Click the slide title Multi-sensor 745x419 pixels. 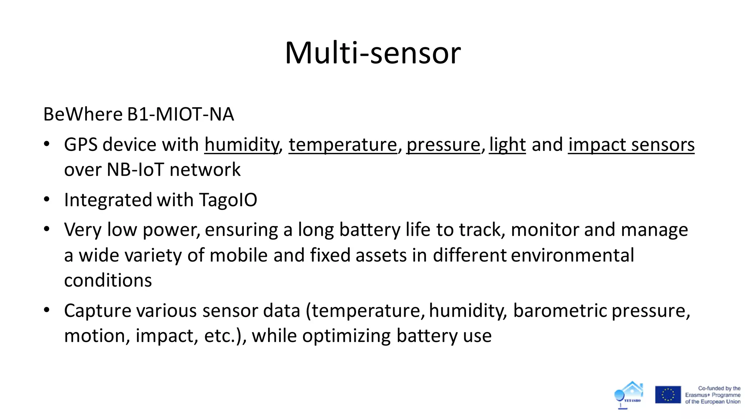click(372, 53)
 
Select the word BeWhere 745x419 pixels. click(83, 114)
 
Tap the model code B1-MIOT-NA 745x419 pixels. click(180, 114)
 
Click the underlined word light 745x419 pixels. click(507, 145)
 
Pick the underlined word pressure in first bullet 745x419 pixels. click(443, 145)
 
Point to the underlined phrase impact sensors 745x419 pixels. click(631, 145)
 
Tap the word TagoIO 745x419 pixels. click(228, 200)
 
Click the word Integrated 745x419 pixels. click(108, 200)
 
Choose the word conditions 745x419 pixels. click(108, 280)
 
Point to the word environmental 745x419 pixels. click(573, 255)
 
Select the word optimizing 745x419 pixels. click(347, 335)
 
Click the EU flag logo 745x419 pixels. click(668, 395)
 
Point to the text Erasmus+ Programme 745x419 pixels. click(713, 395)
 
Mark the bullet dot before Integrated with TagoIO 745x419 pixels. click(47, 200)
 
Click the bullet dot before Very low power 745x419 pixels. click(47, 230)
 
